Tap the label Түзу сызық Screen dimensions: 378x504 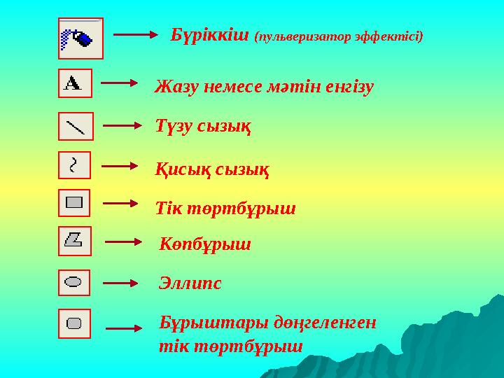203,127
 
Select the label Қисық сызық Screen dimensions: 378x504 212,169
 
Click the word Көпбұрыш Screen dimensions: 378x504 205,245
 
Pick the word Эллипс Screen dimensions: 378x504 190,283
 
